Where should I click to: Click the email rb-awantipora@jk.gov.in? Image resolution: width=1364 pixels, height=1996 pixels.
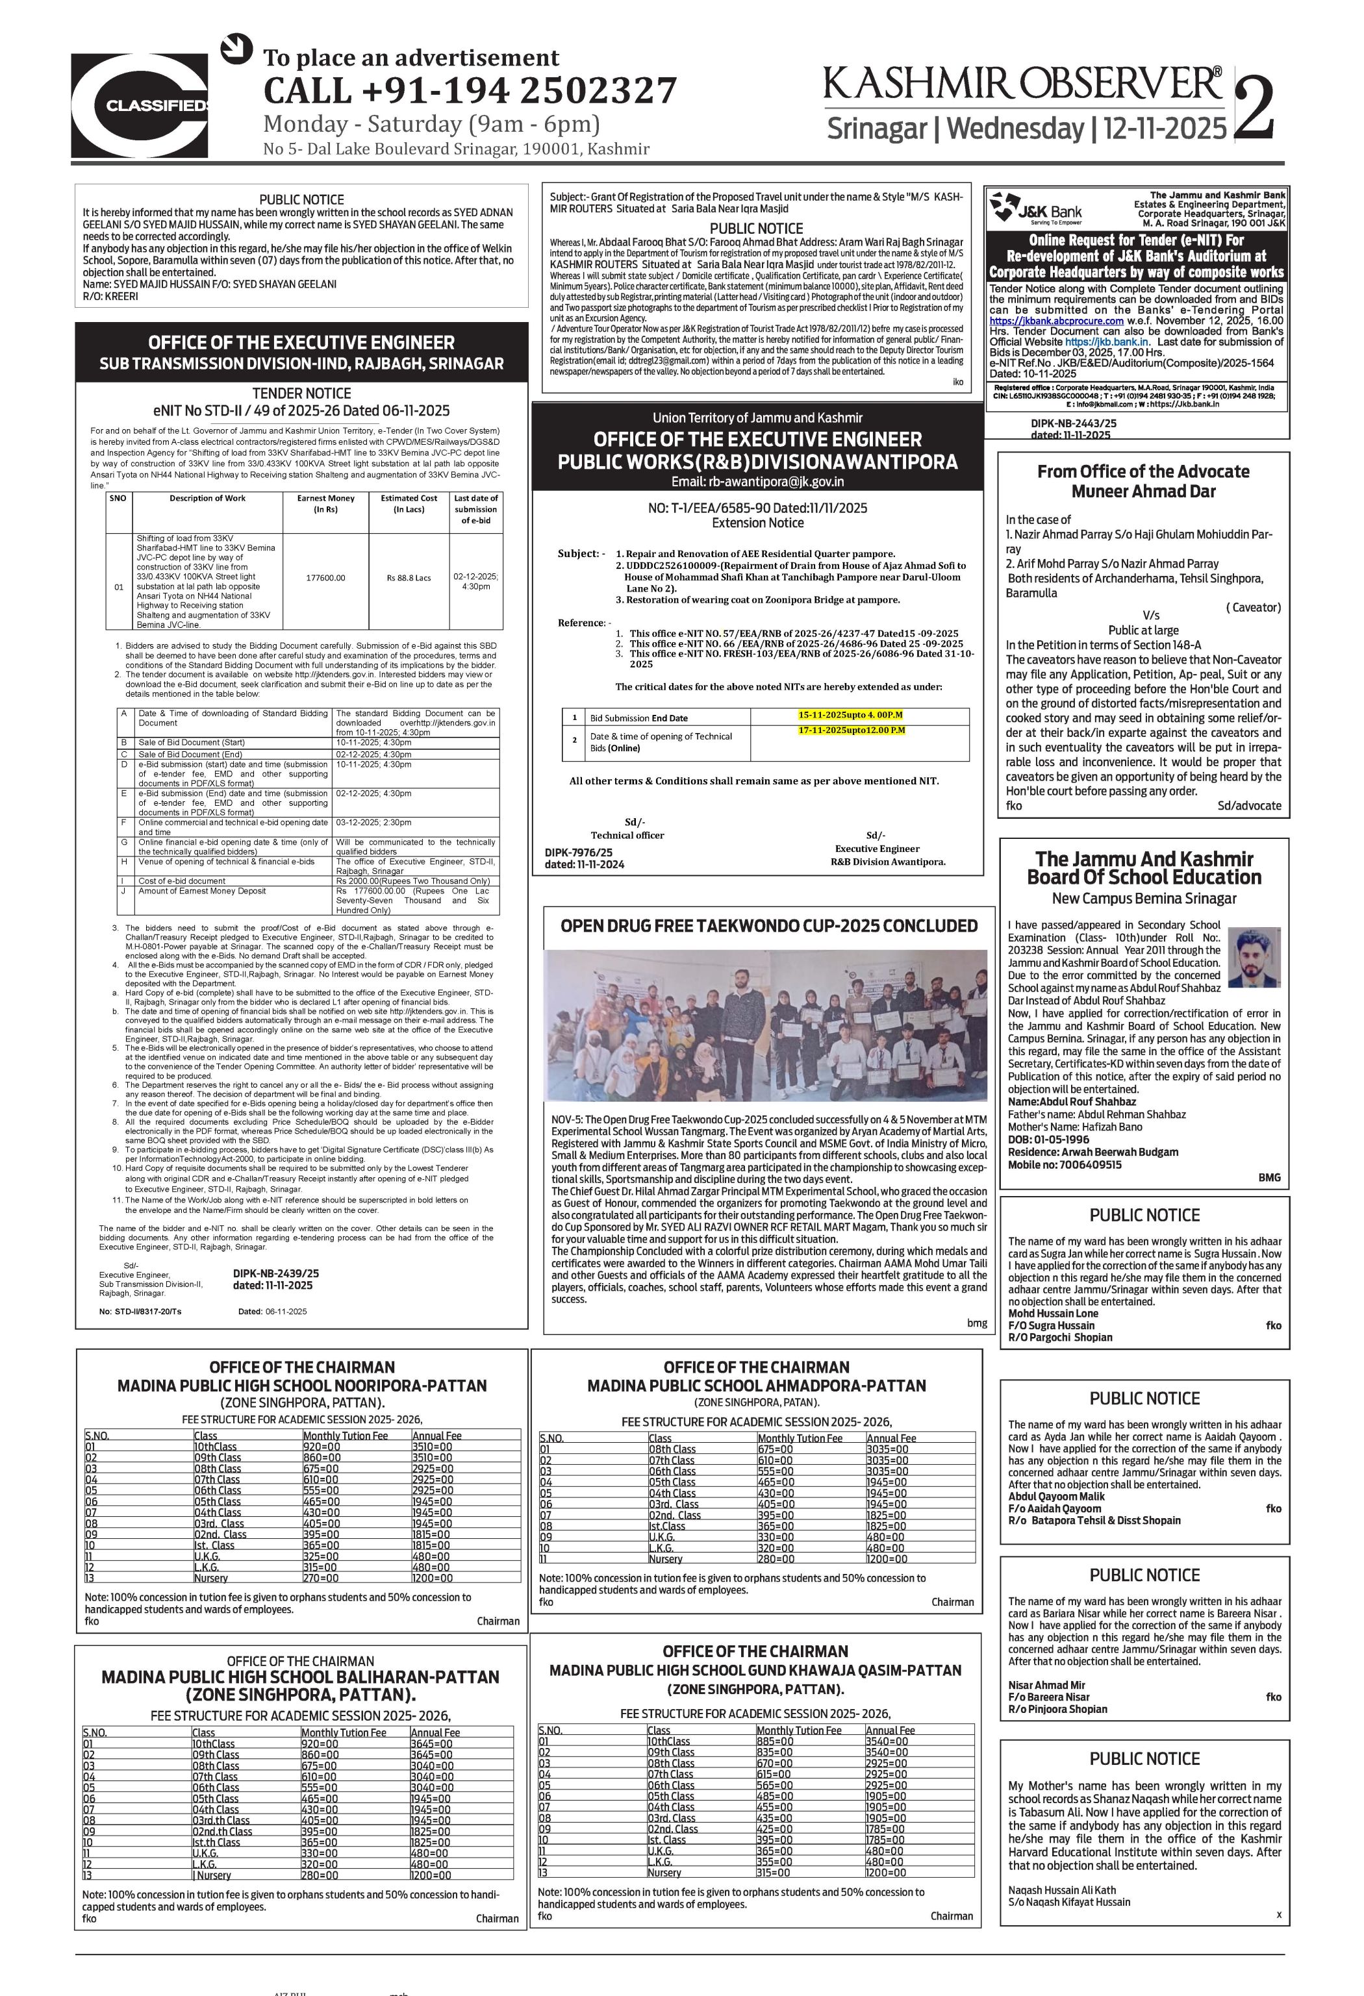pyautogui.click(x=757, y=482)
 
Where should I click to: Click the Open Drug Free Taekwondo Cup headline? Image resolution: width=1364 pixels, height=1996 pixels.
pyautogui.click(x=769, y=926)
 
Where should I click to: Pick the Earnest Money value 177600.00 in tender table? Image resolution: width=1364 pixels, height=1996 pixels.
pyautogui.click(x=325, y=578)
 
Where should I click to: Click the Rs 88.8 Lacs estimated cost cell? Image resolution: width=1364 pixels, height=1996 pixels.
pyautogui.click(x=410, y=578)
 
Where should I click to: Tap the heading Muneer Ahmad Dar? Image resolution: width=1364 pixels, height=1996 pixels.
pyautogui.click(x=1143, y=492)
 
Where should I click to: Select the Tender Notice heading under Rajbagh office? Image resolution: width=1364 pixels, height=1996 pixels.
pyautogui.click(x=301, y=393)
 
